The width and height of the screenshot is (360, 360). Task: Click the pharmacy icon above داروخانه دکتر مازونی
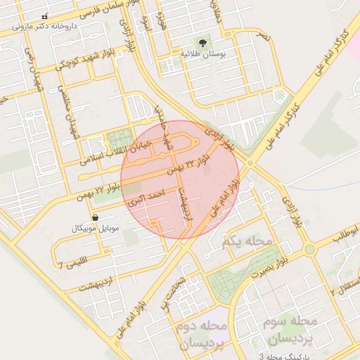coord(46,16)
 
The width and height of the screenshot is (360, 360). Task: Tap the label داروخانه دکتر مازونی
coord(46,27)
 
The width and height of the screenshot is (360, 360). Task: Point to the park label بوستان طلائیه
coord(202,53)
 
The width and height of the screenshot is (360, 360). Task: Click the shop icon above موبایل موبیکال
coord(96,218)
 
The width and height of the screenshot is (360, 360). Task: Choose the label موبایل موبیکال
coord(96,229)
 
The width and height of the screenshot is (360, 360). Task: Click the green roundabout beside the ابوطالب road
coord(309,250)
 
